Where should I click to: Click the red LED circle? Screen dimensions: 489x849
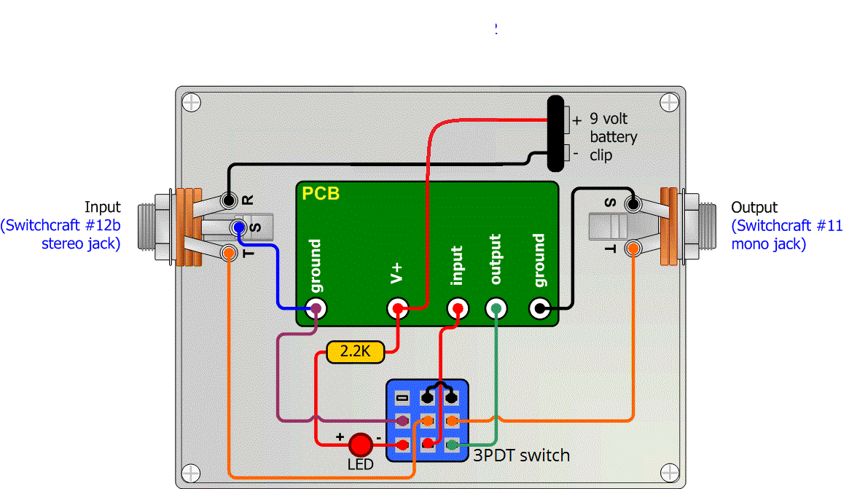click(x=361, y=445)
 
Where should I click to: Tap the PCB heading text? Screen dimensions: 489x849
click(x=321, y=194)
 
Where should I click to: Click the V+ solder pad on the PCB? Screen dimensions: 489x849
click(x=398, y=308)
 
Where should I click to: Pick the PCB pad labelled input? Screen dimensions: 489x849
click(x=458, y=308)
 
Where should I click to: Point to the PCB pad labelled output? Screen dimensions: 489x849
click(x=496, y=308)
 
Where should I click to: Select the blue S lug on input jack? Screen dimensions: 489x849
click(x=238, y=228)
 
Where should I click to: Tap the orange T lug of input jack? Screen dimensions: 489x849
click(x=229, y=253)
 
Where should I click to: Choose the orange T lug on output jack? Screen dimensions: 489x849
click(x=633, y=249)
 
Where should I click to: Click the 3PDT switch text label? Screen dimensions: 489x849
click(x=521, y=456)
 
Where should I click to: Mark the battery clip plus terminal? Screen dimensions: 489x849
click(x=567, y=118)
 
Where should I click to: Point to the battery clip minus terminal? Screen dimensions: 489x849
click(x=567, y=153)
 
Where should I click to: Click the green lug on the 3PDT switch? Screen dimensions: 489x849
click(x=452, y=445)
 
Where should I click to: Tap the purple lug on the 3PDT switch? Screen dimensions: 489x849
click(x=402, y=421)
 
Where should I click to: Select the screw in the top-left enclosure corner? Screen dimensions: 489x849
click(x=191, y=102)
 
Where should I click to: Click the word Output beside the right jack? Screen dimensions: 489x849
click(x=754, y=208)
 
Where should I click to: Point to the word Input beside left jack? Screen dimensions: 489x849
click(x=103, y=208)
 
